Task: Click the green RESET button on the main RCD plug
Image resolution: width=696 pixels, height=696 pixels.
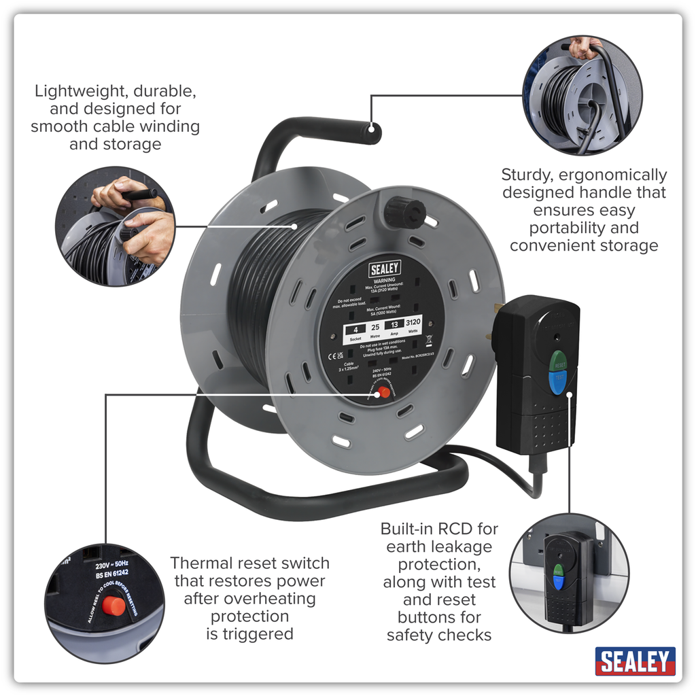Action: point(557,361)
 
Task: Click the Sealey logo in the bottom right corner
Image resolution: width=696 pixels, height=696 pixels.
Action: point(635,661)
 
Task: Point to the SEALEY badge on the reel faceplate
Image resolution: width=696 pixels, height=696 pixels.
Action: point(385,268)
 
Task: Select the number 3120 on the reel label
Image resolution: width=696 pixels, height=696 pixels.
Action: point(413,322)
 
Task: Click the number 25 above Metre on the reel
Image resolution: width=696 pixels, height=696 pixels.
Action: point(375,328)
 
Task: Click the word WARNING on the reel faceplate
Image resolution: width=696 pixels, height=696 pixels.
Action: point(385,279)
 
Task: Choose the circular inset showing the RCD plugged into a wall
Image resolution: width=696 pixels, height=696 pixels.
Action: point(569,573)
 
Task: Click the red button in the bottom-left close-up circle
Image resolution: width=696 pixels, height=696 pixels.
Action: point(113,605)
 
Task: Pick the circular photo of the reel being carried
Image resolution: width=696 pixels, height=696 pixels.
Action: point(582,95)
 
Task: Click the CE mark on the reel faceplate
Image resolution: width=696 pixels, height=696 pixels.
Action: point(333,354)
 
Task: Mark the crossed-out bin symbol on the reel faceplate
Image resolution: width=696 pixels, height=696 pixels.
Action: point(429,339)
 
